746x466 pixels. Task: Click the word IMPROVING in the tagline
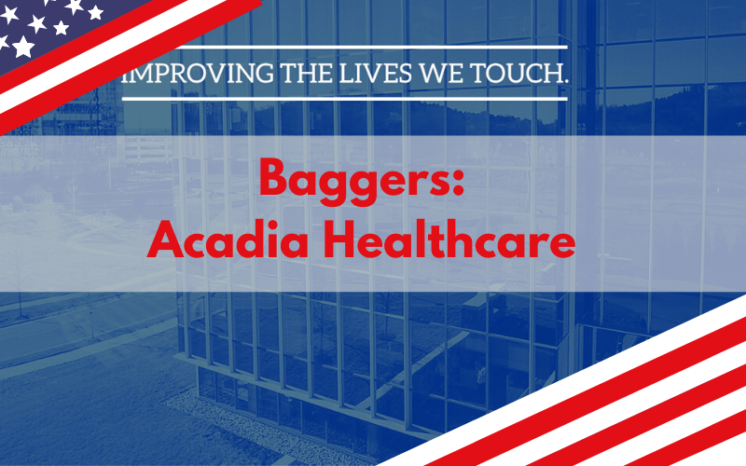click(x=198, y=74)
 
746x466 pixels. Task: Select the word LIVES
click(x=376, y=74)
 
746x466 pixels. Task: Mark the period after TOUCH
click(x=566, y=82)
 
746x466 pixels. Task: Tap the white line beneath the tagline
click(x=345, y=99)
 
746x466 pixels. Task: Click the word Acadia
click(x=228, y=240)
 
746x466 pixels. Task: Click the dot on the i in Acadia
click(x=264, y=225)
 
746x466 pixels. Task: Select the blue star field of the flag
click(x=52, y=29)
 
